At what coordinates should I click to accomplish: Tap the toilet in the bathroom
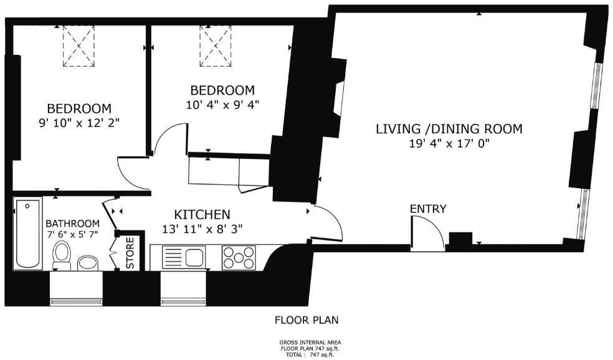click(62, 256)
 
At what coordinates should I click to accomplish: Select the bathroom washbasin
click(88, 263)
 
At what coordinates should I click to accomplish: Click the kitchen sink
click(184, 257)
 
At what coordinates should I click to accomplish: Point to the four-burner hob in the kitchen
click(239, 257)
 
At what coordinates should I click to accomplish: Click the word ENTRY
click(427, 209)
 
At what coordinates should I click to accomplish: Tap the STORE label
click(130, 253)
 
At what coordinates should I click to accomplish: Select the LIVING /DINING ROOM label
click(449, 130)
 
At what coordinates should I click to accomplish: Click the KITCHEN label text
click(202, 214)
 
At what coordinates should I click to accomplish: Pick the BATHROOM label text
click(72, 224)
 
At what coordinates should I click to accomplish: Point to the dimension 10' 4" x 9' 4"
click(222, 104)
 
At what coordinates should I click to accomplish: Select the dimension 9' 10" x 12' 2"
click(79, 123)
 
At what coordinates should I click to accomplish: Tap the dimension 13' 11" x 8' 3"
click(202, 229)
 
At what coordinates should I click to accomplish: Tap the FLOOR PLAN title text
click(307, 321)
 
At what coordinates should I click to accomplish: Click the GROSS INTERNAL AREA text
click(310, 343)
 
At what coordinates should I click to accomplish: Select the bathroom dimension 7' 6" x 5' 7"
click(72, 235)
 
